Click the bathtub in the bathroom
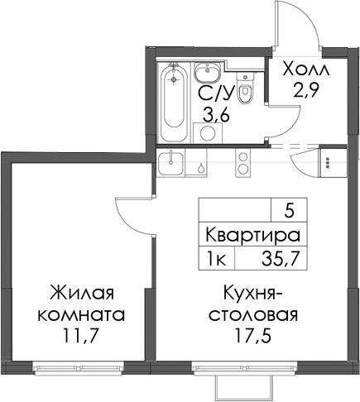[x=173, y=103]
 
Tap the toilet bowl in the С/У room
[x=244, y=89]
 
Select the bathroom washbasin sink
[x=207, y=72]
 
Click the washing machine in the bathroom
[x=208, y=133]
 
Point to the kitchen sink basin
[x=170, y=163]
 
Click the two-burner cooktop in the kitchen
[x=242, y=163]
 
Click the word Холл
[x=306, y=69]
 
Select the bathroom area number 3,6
[x=216, y=115]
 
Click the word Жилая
[x=81, y=293]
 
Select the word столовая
[x=252, y=315]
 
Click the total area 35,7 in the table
[x=281, y=259]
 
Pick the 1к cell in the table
[x=217, y=259]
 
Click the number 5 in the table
[x=289, y=212]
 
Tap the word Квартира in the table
[x=253, y=236]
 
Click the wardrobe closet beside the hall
[x=332, y=163]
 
